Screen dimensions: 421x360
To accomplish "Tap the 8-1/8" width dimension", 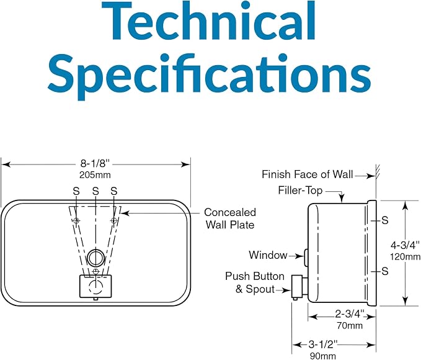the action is pyautogui.click(x=95, y=163).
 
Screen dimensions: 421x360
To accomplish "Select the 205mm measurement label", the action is pyautogui.click(x=95, y=175).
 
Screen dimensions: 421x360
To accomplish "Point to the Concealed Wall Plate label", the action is pyautogui.click(x=230, y=218).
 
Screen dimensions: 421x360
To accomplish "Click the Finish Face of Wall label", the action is pyautogui.click(x=307, y=174).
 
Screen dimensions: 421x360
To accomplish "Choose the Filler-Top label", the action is pyautogui.click(x=300, y=191).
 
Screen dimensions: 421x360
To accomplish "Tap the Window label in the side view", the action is pyautogui.click(x=268, y=255).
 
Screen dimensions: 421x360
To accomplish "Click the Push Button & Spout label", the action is pyautogui.click(x=255, y=282).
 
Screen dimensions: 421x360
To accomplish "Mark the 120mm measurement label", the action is pyautogui.click(x=405, y=257).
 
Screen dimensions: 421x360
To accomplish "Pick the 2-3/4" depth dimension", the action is pyautogui.click(x=350, y=313).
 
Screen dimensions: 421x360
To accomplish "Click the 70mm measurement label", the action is pyautogui.click(x=350, y=326).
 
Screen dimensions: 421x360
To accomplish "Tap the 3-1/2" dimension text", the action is pyautogui.click(x=323, y=344).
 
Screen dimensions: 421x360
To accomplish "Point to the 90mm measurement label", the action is pyautogui.click(x=323, y=356).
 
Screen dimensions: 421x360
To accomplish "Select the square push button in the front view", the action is pyautogui.click(x=95, y=286).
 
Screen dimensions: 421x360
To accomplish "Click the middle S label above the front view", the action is pyautogui.click(x=95, y=191).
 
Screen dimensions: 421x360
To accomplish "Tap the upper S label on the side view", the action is pyautogui.click(x=385, y=220).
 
